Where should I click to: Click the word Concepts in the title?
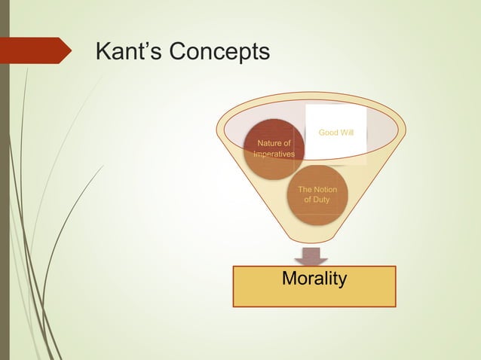pos(219,53)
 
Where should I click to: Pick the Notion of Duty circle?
pos(317,194)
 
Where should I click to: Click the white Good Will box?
pos(335,134)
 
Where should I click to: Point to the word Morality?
pos(314,279)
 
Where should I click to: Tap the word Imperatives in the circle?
pos(274,154)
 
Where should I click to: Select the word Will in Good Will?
pos(348,133)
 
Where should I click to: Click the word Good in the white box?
pos(328,133)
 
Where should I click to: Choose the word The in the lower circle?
pos(306,189)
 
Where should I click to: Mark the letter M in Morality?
pos(290,279)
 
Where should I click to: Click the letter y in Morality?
pos(342,281)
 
